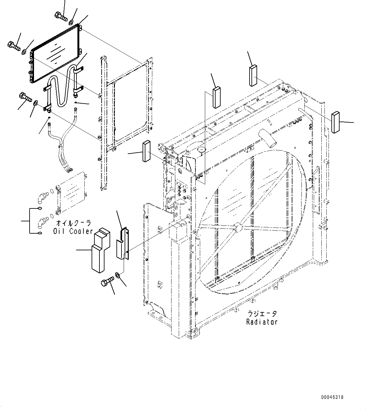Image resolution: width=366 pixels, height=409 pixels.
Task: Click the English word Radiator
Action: (x=262, y=322)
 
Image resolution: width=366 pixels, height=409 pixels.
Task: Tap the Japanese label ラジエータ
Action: (x=262, y=314)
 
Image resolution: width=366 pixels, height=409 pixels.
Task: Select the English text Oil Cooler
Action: (x=73, y=231)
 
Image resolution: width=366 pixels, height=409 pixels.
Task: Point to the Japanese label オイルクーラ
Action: (x=74, y=223)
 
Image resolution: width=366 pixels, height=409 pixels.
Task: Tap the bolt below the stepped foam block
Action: (x=107, y=281)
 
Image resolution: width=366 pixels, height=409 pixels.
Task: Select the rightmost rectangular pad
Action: (x=335, y=122)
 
